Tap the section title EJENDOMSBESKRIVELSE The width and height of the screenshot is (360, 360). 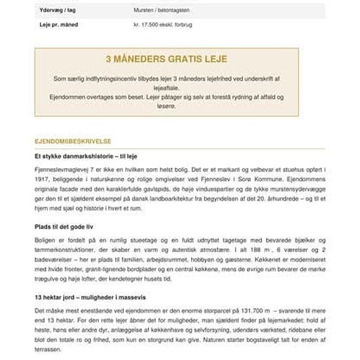73,141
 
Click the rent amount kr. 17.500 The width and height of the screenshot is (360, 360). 148,25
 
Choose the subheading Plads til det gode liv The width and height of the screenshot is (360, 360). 63,226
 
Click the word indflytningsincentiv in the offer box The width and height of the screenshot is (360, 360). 114,78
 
